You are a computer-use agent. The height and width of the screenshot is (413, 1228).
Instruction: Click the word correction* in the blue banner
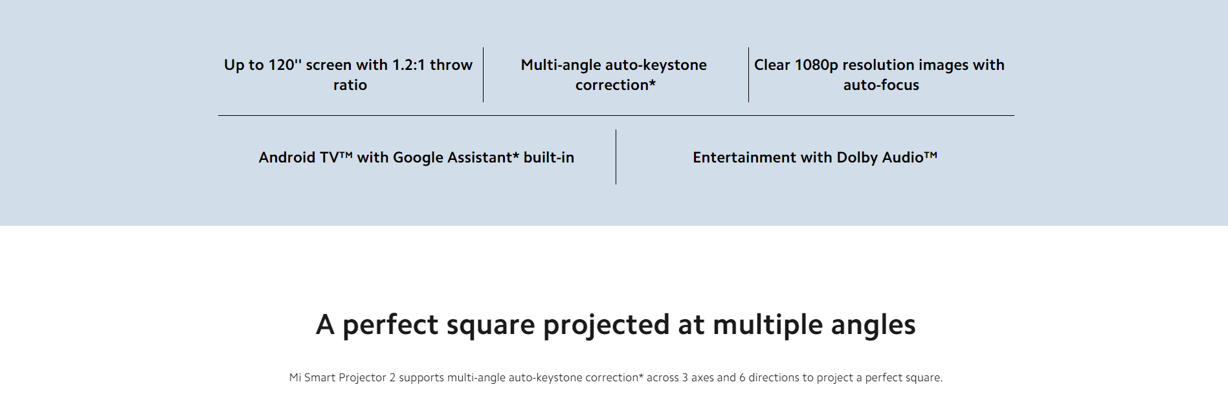coord(616,85)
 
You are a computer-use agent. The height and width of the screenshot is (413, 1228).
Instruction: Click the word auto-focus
coord(881,85)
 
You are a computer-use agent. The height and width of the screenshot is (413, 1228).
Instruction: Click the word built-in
coord(549,157)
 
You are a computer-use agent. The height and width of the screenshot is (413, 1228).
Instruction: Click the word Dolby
coord(857,158)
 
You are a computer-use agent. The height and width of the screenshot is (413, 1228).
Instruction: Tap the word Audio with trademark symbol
coord(910,157)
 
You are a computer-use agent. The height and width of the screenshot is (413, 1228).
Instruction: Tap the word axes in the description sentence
coord(702,377)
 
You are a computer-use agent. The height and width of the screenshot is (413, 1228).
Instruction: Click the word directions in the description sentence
coord(774,377)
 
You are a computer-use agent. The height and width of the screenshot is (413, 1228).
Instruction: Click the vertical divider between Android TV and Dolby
coord(616,157)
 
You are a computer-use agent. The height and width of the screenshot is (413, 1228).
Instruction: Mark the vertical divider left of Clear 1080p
coord(748,74)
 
